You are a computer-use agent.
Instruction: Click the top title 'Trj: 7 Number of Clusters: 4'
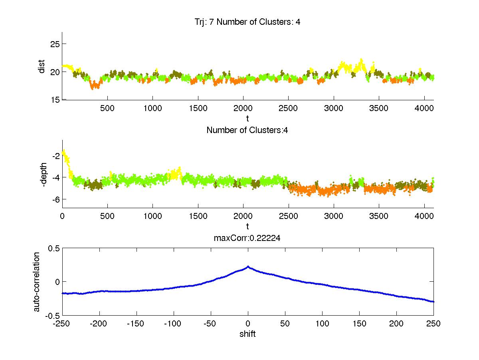tap(245, 22)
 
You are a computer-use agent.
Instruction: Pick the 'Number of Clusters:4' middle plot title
tap(247, 130)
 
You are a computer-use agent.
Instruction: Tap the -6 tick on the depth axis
tap(55, 199)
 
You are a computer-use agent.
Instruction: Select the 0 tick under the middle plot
tap(62, 216)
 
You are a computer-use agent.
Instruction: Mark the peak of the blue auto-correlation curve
tap(248, 267)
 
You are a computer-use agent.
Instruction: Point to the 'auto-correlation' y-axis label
tap(36, 282)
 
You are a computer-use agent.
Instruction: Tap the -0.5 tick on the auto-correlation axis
tap(53, 316)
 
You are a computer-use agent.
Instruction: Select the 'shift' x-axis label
tap(247, 334)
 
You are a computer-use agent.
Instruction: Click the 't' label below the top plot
tap(247, 118)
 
